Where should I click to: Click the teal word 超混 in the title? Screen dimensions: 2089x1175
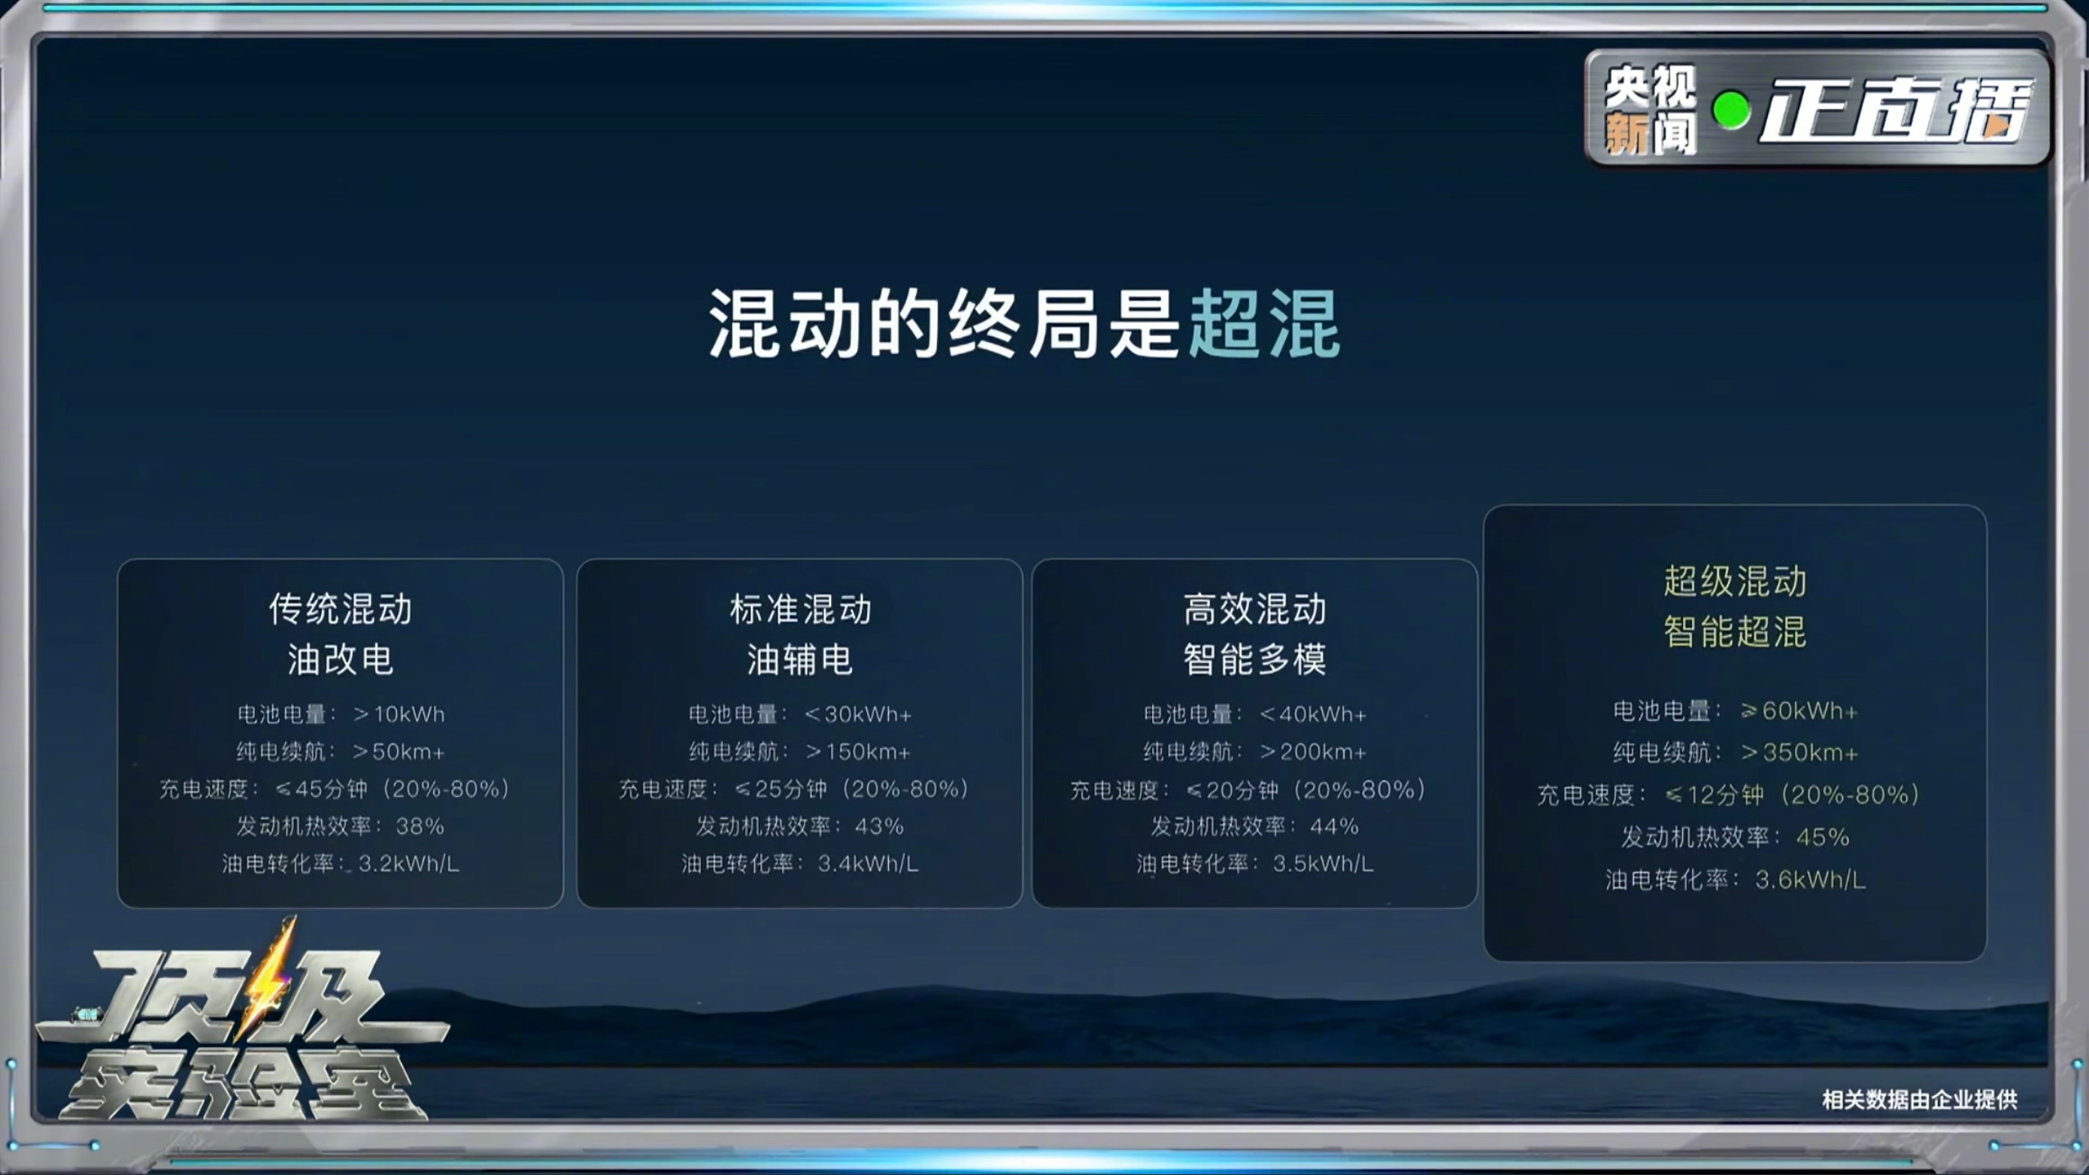coord(1263,323)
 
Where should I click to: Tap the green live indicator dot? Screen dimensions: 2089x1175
coord(1731,111)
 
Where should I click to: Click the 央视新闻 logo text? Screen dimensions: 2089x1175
coord(1651,110)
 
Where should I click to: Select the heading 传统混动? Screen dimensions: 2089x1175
coord(341,609)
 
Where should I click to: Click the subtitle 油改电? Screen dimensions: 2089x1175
coord(341,659)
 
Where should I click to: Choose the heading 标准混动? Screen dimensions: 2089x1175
coord(800,609)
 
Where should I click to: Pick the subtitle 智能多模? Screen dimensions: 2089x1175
coord(1254,659)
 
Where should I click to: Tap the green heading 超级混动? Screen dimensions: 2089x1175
coord(1736,581)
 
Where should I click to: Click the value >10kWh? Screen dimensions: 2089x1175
coord(399,713)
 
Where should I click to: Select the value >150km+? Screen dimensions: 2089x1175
coord(858,752)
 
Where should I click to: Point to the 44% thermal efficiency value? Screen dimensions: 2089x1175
coord(1334,826)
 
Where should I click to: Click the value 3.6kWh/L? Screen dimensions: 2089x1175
coord(1811,880)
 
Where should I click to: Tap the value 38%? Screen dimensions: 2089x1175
coord(420,826)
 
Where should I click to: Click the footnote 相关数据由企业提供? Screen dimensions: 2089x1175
coord(1920,1100)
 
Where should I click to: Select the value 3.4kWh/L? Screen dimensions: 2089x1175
coord(869,864)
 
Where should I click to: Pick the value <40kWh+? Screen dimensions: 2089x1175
coord(1314,714)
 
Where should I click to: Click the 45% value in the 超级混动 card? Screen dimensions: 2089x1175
coord(1823,837)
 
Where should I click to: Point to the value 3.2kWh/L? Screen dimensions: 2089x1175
coord(409,864)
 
